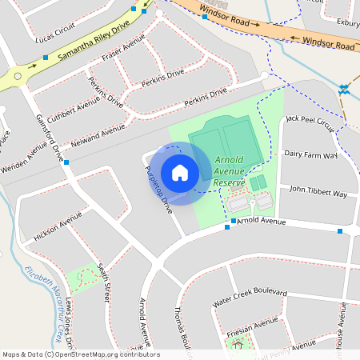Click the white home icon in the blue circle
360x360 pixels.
[x=180, y=173]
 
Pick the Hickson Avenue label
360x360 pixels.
[x=58, y=226]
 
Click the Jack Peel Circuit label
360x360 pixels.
[x=310, y=122]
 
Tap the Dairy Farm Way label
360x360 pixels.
[x=310, y=154]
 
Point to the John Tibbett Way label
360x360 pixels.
[x=318, y=192]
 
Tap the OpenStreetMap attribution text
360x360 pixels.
[x=80, y=354]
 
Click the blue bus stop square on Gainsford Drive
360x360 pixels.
[x=66, y=162]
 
